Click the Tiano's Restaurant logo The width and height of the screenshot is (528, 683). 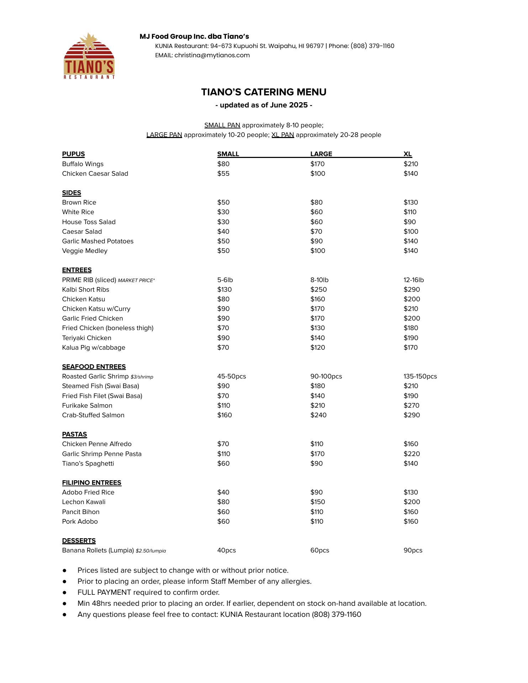point(89,56)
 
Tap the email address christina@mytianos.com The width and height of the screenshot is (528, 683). point(212,55)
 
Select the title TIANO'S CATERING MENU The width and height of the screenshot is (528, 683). point(264,92)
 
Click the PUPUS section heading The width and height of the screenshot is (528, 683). point(73,154)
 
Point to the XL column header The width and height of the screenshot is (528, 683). point(407,154)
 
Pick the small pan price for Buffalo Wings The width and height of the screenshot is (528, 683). point(223,164)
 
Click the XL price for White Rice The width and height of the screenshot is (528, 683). point(410,212)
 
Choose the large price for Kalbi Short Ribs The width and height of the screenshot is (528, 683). point(318,290)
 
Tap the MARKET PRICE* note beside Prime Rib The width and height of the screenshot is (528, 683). point(136,280)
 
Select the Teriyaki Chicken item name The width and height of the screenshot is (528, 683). point(86,338)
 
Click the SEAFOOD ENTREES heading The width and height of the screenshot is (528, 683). point(94,367)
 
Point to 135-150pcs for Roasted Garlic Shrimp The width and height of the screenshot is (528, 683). point(420,376)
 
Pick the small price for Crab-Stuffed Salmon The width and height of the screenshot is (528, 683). point(225,415)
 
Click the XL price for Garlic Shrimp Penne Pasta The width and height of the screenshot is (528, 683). point(412,454)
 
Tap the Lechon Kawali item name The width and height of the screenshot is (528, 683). point(84,502)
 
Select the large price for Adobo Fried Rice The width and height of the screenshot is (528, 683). point(316,492)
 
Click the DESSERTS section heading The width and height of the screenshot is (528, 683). point(79,541)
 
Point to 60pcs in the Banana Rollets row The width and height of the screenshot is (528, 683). point(320,550)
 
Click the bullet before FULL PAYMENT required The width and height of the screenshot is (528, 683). point(64,592)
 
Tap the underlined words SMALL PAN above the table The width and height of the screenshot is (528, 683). point(222,125)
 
